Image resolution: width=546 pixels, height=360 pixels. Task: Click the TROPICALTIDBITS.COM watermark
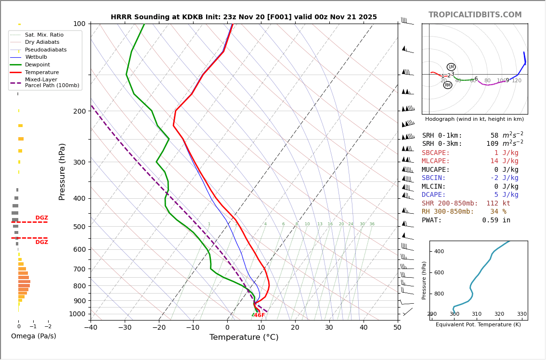(475, 15)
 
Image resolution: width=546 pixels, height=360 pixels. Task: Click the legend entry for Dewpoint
(37, 64)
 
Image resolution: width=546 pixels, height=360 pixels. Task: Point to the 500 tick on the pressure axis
(79, 227)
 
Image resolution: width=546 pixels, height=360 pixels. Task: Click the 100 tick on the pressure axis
(79, 24)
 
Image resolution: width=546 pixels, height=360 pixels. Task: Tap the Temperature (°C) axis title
(244, 337)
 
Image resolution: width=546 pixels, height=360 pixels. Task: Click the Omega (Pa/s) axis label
(33, 336)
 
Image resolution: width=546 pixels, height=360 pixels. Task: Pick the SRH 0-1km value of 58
(494, 136)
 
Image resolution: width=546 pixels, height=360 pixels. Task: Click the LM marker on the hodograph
(451, 67)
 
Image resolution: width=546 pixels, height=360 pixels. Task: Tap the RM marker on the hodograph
(448, 85)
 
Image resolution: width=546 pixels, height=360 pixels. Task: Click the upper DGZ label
(41, 218)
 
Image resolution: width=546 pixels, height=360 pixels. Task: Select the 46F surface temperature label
(259, 315)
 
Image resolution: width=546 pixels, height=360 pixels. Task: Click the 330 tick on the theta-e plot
(521, 314)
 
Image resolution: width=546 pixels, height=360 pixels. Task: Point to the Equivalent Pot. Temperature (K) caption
(478, 325)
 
